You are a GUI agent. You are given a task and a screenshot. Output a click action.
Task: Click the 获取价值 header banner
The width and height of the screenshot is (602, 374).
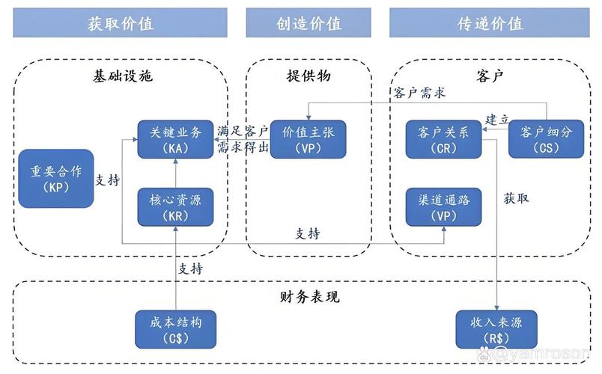point(120,22)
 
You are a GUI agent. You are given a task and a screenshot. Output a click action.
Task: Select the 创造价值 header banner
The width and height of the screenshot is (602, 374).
point(308,22)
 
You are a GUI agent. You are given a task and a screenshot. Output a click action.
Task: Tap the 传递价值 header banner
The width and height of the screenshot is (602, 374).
point(490,22)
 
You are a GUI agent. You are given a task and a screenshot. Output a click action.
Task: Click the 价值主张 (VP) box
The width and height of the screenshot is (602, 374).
point(308,139)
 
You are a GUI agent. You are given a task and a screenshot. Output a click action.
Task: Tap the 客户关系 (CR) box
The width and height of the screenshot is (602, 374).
point(443,139)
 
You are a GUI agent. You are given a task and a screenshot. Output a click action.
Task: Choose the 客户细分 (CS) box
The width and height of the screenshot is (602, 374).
point(544,139)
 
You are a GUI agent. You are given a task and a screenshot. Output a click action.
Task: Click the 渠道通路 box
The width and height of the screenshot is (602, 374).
point(443,207)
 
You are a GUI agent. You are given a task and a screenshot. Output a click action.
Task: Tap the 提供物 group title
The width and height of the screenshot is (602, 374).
point(308,76)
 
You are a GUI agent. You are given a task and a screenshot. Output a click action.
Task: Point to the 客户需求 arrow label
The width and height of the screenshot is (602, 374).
point(419,93)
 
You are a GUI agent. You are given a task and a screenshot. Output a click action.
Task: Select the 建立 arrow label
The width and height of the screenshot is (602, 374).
point(497,119)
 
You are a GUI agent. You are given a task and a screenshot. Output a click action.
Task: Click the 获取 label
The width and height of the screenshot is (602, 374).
point(516,198)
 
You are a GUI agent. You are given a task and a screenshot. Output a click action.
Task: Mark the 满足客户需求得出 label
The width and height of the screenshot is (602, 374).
point(242,138)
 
